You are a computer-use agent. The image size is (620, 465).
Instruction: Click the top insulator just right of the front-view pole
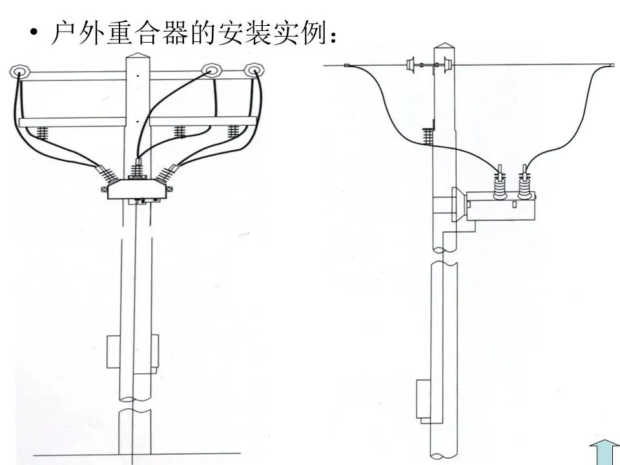click(x=211, y=69)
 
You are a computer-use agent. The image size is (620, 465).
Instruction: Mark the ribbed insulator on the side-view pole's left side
click(x=427, y=136)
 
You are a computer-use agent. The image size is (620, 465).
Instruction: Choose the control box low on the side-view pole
click(x=423, y=397)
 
